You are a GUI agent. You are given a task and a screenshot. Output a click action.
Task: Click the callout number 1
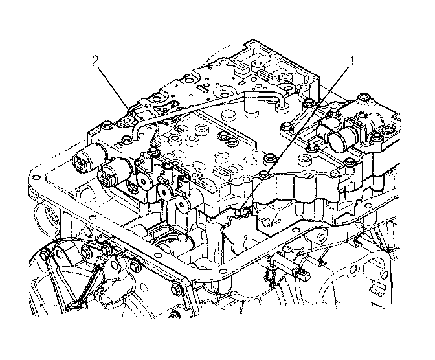point(353,62)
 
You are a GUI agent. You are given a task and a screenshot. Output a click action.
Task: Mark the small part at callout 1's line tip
point(243,209)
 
